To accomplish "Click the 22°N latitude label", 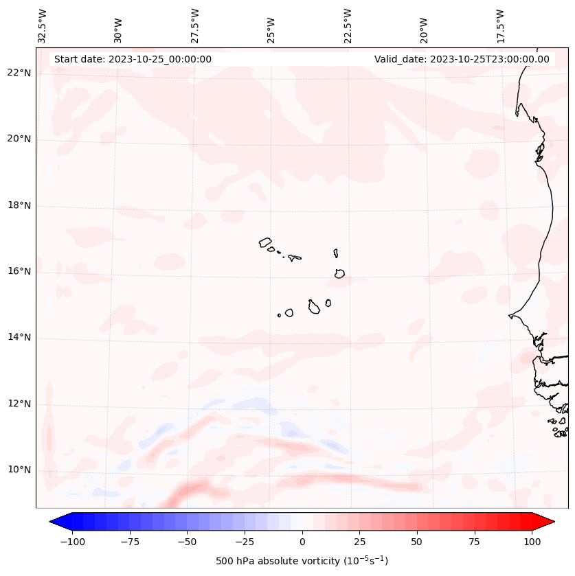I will [20, 73].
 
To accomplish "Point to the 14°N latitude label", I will [20, 337].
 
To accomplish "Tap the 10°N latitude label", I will [20, 470].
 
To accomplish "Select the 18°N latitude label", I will [20, 205].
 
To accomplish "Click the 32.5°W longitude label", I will [43, 25].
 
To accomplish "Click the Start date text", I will [133, 59].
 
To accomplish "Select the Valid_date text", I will [462, 59].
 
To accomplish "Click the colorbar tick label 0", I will [302, 542].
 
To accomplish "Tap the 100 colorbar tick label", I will [532, 542].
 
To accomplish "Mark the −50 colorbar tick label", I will [186, 542].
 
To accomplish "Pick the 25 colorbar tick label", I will [360, 542].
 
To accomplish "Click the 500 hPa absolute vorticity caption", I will [302, 561].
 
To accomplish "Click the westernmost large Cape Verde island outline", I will [265, 242].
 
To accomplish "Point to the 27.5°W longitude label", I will [195, 25].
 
